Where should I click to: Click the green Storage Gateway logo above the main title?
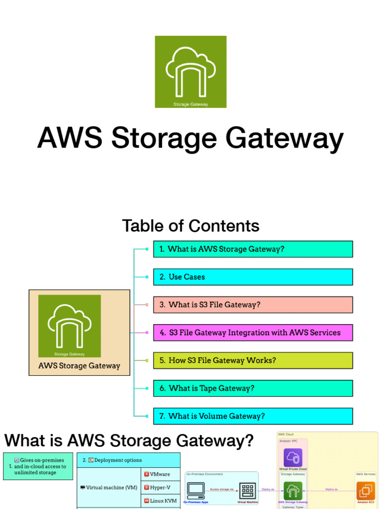point(191,72)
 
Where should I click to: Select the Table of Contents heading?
point(191,226)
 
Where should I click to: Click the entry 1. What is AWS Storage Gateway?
point(253,249)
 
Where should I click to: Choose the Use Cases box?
point(253,277)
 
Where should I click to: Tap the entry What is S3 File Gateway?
point(253,305)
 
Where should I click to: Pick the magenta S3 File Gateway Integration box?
point(253,333)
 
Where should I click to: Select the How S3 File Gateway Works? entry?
point(253,360)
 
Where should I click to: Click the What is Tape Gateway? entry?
point(253,388)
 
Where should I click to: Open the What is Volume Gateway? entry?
point(253,416)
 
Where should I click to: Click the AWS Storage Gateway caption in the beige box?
point(80,366)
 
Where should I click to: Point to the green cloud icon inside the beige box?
point(70,326)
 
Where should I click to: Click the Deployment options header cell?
point(128,460)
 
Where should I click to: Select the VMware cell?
point(161,474)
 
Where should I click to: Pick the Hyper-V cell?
point(161,488)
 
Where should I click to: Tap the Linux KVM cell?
point(161,501)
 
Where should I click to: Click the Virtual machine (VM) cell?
point(109,488)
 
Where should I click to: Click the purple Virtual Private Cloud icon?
point(293,458)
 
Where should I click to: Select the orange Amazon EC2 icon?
point(366,491)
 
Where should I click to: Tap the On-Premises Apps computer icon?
point(195,491)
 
